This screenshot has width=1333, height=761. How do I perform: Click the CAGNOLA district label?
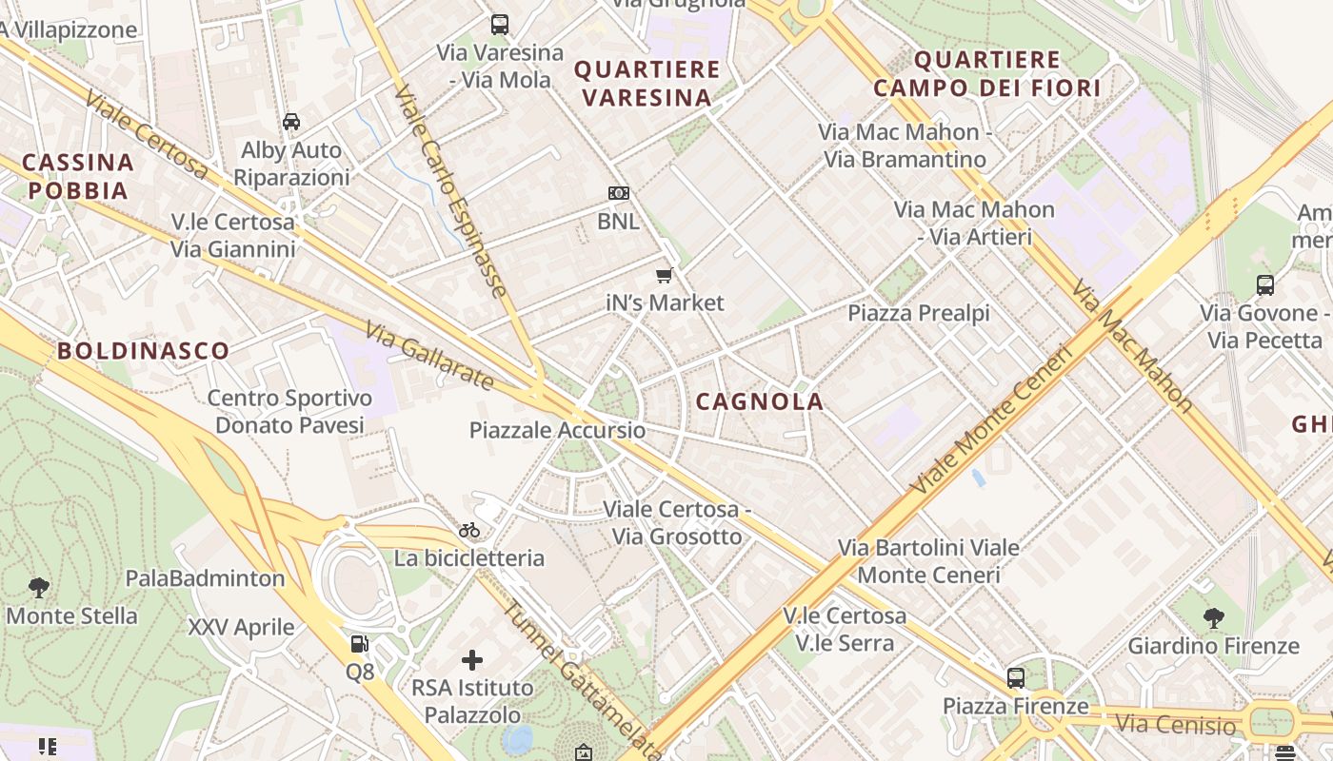759,401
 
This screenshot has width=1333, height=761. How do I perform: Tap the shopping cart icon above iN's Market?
665,276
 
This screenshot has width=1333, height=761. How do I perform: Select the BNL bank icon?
619,194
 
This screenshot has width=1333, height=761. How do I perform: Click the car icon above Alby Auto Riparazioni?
291,122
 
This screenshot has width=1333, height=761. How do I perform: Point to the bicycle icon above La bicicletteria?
469,530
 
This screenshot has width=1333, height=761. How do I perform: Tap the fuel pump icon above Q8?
359,644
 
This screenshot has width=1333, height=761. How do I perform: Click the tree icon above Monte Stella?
39,587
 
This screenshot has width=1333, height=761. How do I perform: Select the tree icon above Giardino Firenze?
1213,618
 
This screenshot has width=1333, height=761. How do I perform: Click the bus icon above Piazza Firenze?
1016,678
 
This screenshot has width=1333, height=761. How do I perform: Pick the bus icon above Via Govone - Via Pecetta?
1264,284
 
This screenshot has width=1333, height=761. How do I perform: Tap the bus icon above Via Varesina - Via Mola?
500,25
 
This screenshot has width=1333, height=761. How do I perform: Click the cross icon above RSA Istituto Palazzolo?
472,659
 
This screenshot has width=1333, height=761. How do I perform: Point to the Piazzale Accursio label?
557,430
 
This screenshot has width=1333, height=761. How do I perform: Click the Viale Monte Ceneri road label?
990,420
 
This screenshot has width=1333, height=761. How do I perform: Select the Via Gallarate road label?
429,356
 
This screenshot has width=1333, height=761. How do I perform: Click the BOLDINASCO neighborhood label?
143,350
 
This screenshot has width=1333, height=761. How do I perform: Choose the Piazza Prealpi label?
919,313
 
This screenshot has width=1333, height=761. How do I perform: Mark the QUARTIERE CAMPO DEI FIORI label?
986,74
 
